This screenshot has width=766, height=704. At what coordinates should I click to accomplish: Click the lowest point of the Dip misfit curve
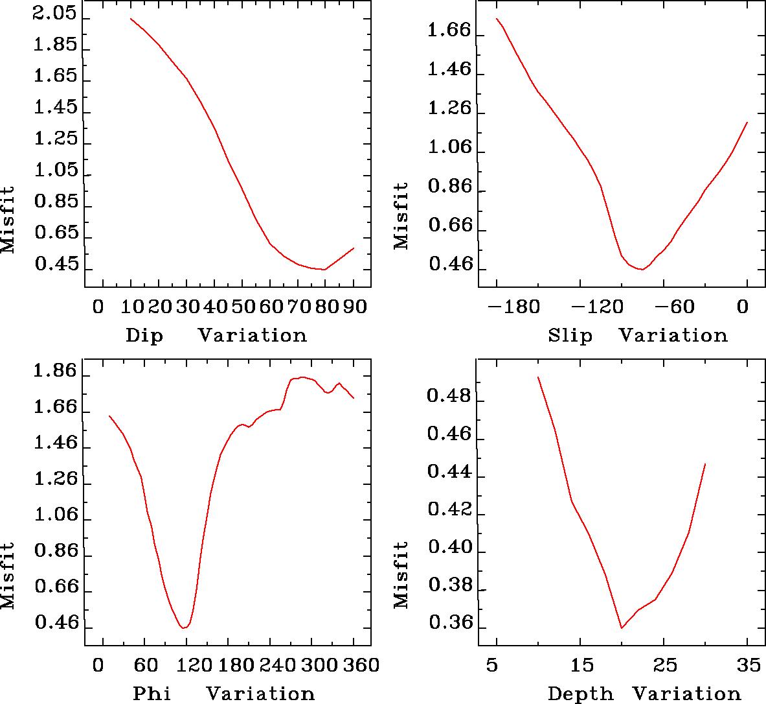point(324,270)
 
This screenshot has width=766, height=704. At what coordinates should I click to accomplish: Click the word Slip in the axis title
point(570,336)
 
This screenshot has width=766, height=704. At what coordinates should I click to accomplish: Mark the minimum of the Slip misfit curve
point(641,269)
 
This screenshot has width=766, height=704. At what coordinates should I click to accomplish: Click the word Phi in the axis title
point(152,694)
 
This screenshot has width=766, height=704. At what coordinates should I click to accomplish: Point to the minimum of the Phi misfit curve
point(185,628)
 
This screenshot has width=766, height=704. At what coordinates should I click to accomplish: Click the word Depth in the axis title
point(580,694)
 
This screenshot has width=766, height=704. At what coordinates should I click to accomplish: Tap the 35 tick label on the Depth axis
point(748,665)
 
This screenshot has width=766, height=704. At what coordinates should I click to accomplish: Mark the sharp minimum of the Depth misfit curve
point(622,628)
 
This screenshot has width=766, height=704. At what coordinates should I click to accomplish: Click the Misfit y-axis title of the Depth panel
point(401,574)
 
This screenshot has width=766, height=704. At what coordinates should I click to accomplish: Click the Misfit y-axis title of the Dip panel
point(8,220)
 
